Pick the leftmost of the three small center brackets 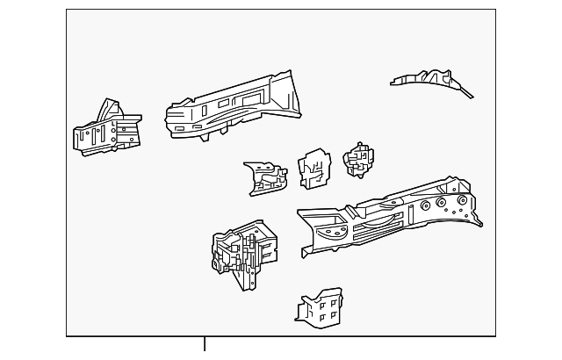[x=265, y=176]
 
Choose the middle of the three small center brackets [x=313, y=169]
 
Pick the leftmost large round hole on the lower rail [x=425, y=207]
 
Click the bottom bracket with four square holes [x=321, y=306]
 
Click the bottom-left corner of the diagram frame [x=67, y=336]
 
